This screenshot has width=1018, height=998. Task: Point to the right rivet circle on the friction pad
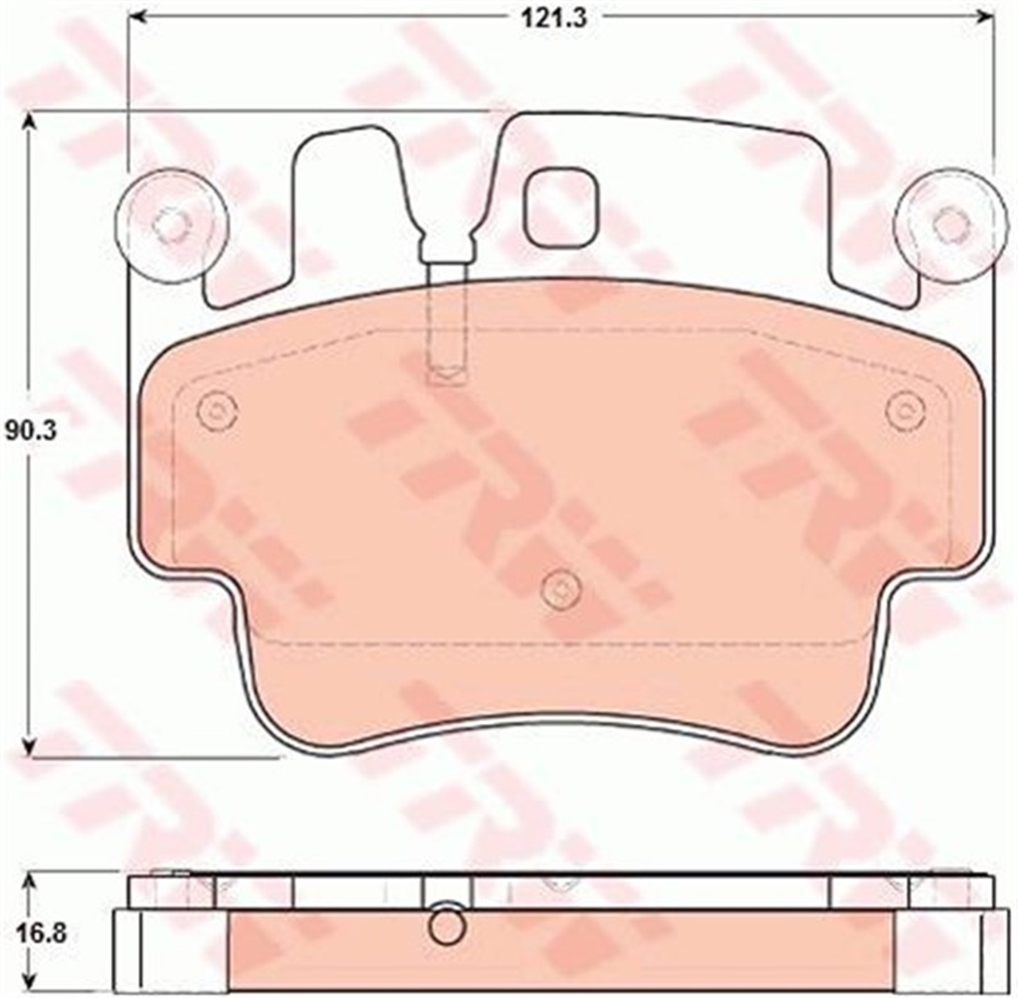(x=904, y=412)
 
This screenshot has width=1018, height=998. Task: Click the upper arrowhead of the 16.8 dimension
(x=30, y=884)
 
